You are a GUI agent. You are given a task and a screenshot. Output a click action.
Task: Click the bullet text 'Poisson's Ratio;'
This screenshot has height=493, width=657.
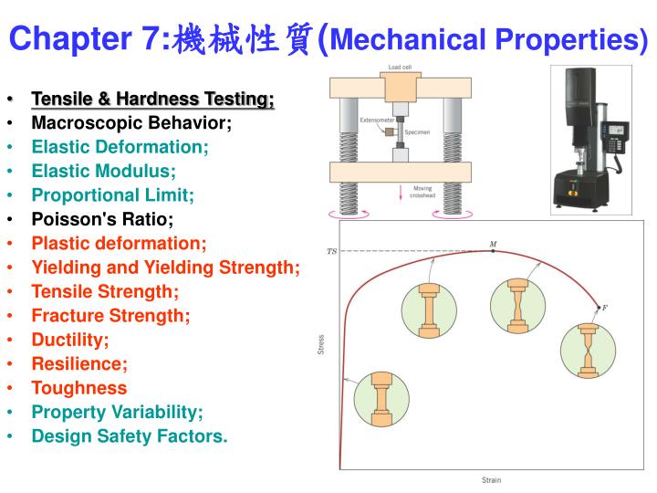click(x=102, y=219)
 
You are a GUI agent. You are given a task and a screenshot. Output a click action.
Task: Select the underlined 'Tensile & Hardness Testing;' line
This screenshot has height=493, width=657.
click(x=152, y=99)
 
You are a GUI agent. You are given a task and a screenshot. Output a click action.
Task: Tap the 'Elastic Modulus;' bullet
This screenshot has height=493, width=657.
click(x=104, y=171)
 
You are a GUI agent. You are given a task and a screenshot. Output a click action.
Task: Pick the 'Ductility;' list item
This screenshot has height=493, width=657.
click(x=70, y=340)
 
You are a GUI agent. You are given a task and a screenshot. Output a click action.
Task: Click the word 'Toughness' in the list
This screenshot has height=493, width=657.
click(x=79, y=388)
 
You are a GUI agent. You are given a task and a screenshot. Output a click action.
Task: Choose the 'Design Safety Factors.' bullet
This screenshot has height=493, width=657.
click(x=130, y=436)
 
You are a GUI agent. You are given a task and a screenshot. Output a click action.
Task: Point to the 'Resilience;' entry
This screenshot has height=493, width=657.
click(x=79, y=363)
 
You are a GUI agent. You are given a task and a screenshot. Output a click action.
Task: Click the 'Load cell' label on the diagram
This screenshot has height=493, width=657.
click(x=400, y=68)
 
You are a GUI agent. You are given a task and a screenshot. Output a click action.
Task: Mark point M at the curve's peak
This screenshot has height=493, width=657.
click(x=493, y=250)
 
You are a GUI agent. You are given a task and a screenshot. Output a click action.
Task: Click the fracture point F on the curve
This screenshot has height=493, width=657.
click(x=599, y=307)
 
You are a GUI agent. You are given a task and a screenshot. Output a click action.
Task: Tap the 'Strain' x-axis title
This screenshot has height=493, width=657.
click(x=491, y=480)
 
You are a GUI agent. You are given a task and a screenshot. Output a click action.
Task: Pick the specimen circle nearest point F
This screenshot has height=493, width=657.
click(x=588, y=351)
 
